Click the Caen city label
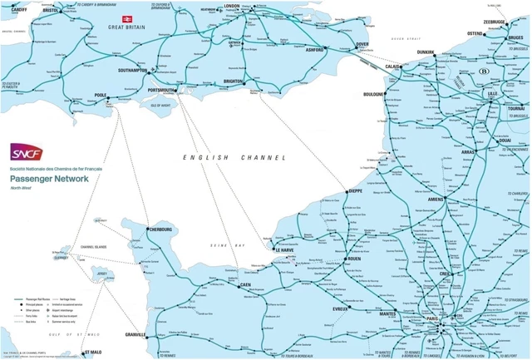point(245,285)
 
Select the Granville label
point(135,334)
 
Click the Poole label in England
point(101,96)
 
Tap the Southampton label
point(132,70)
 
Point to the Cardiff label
point(19,10)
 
